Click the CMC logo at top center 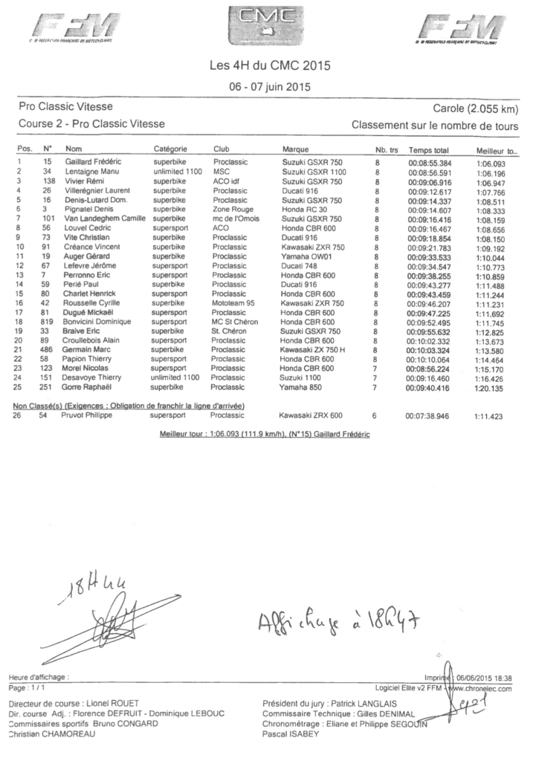269,25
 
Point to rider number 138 47,181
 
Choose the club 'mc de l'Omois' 237,219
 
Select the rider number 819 47,322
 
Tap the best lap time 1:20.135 490,388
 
